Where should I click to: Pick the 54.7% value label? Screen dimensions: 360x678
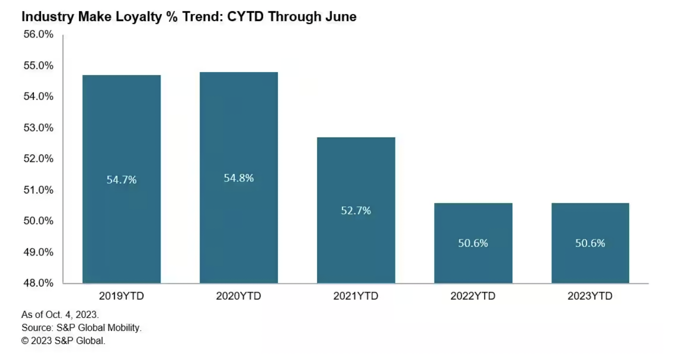pyautogui.click(x=121, y=180)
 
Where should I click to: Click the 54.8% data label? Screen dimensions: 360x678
pyautogui.click(x=238, y=178)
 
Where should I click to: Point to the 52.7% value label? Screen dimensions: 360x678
pyautogui.click(x=356, y=210)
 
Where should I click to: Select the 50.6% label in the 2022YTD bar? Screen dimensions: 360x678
pyautogui.click(x=473, y=243)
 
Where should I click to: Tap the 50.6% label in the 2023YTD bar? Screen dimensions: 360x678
pyautogui.click(x=590, y=243)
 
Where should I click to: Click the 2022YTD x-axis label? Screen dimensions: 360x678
pyautogui.click(x=473, y=296)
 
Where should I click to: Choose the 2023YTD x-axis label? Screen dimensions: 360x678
pyautogui.click(x=590, y=296)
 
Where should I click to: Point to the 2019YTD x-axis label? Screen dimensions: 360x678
pyautogui.click(x=121, y=296)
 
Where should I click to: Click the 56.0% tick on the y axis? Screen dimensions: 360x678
pyautogui.click(x=38, y=34)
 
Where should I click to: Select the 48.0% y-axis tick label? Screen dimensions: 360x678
pyautogui.click(x=38, y=283)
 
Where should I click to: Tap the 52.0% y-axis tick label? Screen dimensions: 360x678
pyautogui.click(x=38, y=158)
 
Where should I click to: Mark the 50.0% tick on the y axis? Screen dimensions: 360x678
pyautogui.click(x=38, y=221)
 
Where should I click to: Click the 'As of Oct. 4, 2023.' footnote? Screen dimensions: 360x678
pyautogui.click(x=60, y=315)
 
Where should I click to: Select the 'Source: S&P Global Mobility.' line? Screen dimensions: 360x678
pyautogui.click(x=81, y=328)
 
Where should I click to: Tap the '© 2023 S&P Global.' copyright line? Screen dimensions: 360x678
pyautogui.click(x=63, y=341)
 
